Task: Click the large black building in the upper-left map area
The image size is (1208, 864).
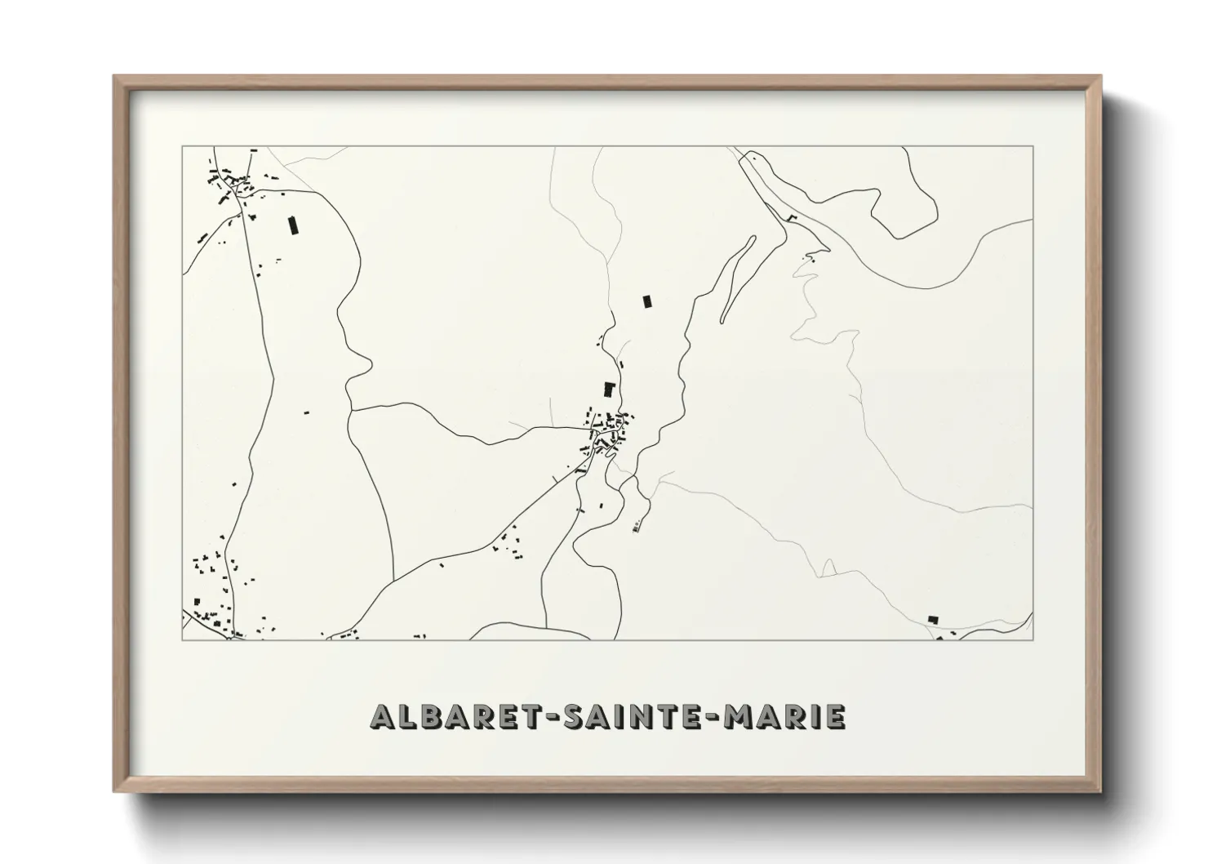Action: tap(291, 225)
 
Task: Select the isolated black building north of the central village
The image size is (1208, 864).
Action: tap(648, 301)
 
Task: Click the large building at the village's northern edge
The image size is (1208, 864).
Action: tap(608, 389)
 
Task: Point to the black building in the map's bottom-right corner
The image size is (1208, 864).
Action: tap(934, 620)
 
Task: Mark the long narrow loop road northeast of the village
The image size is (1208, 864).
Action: tap(737, 278)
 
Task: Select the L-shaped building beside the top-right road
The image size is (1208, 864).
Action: tap(790, 217)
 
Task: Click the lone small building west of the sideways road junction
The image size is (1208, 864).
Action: tap(307, 412)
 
